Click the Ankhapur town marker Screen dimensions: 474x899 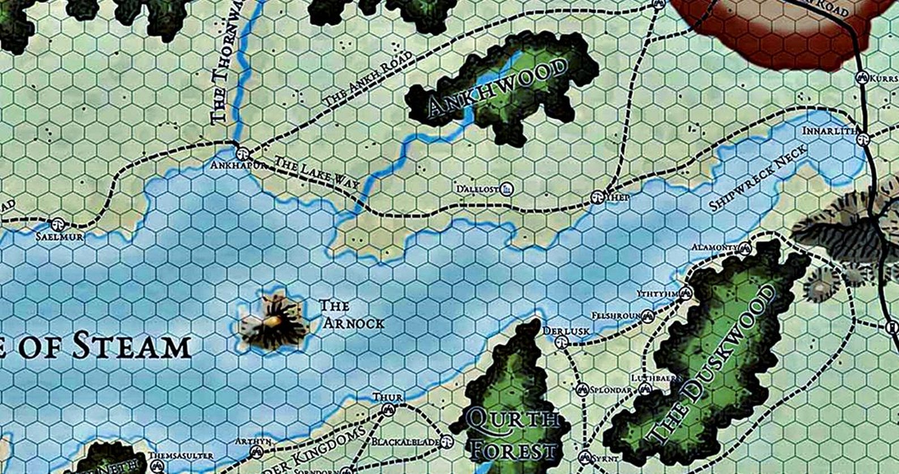point(242,152)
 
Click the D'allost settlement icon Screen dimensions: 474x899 point(507,188)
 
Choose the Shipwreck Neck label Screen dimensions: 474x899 point(759,177)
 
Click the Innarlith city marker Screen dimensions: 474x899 point(863,138)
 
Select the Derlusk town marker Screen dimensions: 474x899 point(561,340)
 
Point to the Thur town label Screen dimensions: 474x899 point(387,397)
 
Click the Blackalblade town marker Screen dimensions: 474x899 point(447,441)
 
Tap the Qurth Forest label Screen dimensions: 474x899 point(512,435)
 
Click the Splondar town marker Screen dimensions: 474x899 point(583,390)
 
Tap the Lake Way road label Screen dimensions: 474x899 point(317,178)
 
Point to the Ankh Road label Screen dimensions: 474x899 point(368,83)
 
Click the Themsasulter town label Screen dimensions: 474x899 point(181,455)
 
